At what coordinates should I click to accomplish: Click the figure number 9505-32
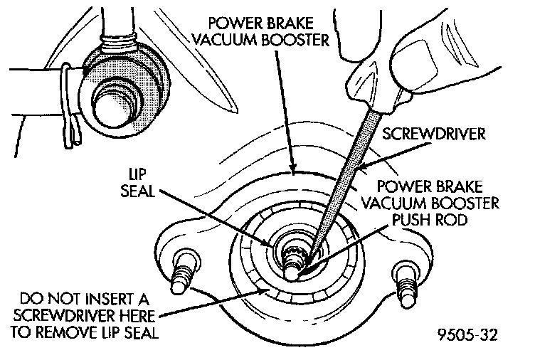[x=467, y=335]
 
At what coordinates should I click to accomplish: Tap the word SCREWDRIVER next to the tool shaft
[x=433, y=134]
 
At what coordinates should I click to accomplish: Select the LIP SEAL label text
[x=138, y=184]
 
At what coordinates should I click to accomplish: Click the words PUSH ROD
[x=429, y=220]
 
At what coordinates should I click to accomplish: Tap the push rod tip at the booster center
[x=292, y=271]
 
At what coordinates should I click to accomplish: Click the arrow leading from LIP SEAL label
[x=215, y=218]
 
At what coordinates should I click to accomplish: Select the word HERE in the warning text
[x=137, y=316]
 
